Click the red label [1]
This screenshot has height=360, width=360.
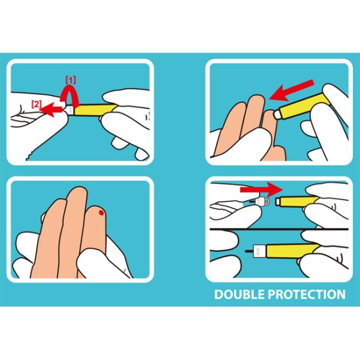[70, 80]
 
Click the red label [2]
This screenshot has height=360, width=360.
[36, 104]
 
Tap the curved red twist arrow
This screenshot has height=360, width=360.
[70, 95]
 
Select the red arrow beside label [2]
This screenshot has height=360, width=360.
[50, 109]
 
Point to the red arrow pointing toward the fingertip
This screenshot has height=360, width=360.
[292, 90]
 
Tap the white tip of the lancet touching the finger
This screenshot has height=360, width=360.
[277, 114]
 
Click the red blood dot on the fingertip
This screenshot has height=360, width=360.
[101, 213]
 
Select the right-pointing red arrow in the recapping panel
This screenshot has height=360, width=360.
[261, 190]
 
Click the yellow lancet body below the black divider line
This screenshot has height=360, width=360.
[292, 251]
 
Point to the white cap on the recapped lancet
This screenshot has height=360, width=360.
[260, 251]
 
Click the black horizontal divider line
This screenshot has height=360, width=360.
[279, 229]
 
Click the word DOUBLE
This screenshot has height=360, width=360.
[239, 295]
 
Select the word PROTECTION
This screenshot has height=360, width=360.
[307, 295]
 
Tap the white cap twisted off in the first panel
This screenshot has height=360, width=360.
[70, 110]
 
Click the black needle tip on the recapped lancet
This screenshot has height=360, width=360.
[249, 251]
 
